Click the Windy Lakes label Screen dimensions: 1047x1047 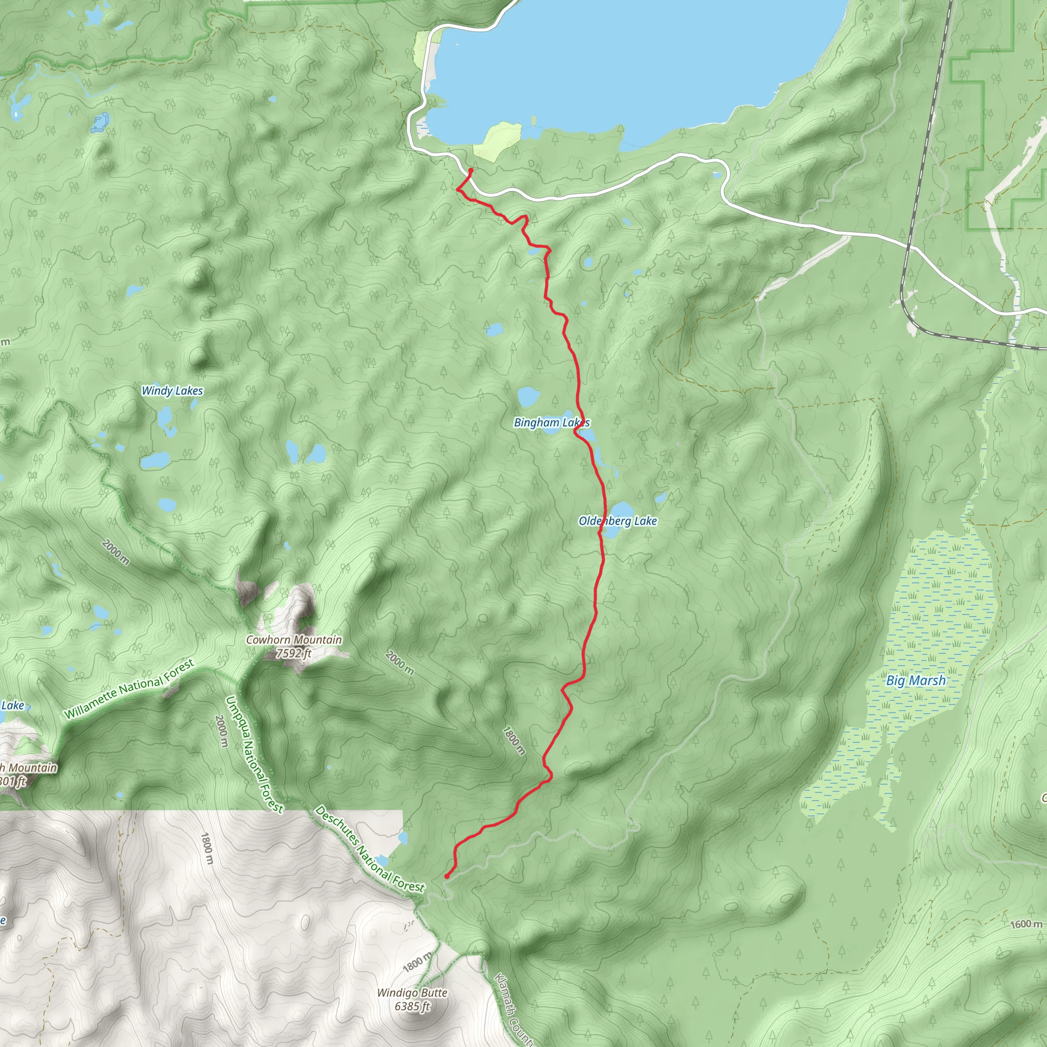tap(172, 391)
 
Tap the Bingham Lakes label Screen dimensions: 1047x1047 tap(551, 422)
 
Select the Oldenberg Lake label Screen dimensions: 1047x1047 tap(617, 521)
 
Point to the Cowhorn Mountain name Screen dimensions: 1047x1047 tap(294, 640)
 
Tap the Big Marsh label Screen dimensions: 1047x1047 tap(916, 680)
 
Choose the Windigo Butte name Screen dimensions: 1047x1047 tap(412, 993)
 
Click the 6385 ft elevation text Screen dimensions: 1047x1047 tap(412, 1006)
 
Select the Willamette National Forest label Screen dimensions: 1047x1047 tap(129, 689)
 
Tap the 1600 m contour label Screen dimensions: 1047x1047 tap(1026, 923)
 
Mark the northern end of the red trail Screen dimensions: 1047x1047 tap(471, 170)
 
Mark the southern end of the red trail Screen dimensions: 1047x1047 tap(446, 876)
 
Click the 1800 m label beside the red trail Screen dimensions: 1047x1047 tap(513, 740)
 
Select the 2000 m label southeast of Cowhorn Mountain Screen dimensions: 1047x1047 tap(399, 663)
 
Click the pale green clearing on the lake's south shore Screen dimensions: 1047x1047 tap(497, 140)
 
